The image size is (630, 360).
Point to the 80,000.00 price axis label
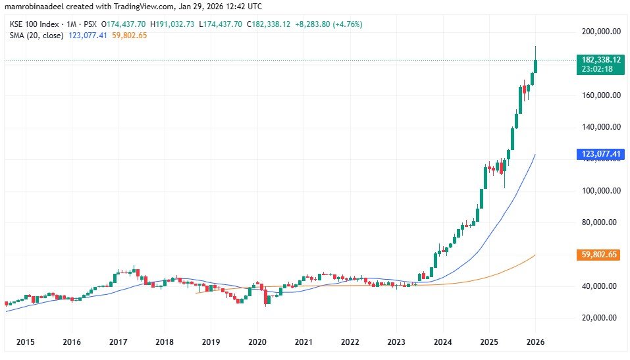pyautogui.click(x=601, y=222)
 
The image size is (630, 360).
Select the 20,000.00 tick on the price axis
pyautogui.click(x=601, y=318)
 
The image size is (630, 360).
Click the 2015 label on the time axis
pyautogui.click(x=25, y=342)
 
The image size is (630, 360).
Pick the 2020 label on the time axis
pyautogui.click(x=257, y=342)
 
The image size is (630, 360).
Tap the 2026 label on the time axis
pyautogui.click(x=535, y=342)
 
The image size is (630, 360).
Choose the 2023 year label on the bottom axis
pyautogui.click(x=396, y=342)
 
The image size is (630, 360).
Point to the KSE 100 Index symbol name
pyautogui.click(x=29, y=24)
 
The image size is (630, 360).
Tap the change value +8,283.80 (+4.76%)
pyautogui.click(x=327, y=24)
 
